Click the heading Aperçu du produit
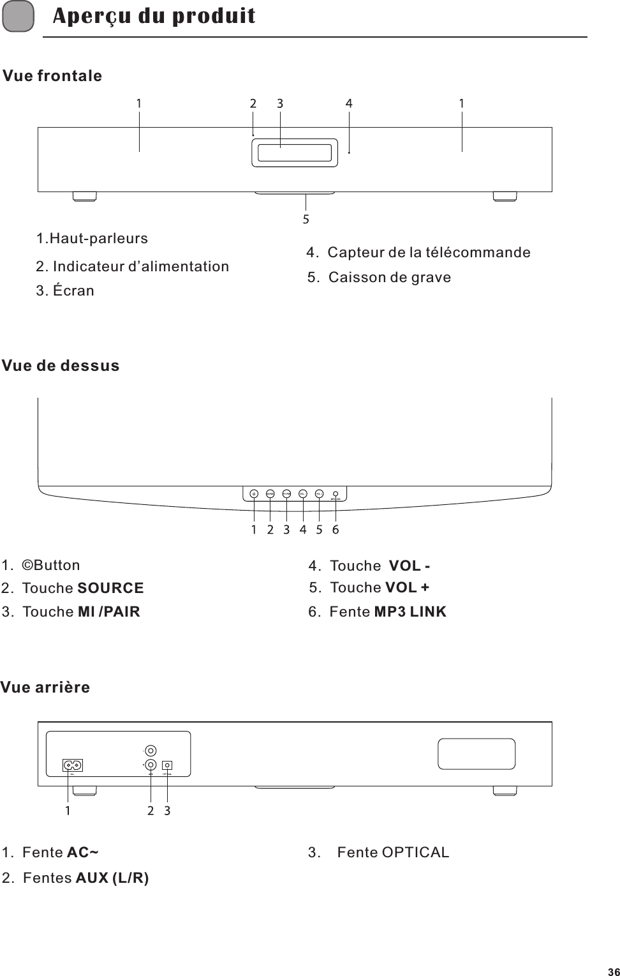(154, 16)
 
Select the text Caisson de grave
(389, 278)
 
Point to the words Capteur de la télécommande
(428, 253)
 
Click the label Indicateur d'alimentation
(140, 267)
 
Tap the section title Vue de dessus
(61, 366)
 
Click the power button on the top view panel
(254, 493)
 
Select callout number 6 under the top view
(336, 530)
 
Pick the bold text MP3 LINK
(410, 612)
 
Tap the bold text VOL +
(407, 587)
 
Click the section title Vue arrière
(45, 688)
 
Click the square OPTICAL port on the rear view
(167, 765)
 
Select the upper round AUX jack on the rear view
(151, 751)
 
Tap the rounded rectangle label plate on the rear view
(476, 754)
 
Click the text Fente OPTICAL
(393, 853)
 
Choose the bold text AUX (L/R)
(112, 878)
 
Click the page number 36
(612, 971)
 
